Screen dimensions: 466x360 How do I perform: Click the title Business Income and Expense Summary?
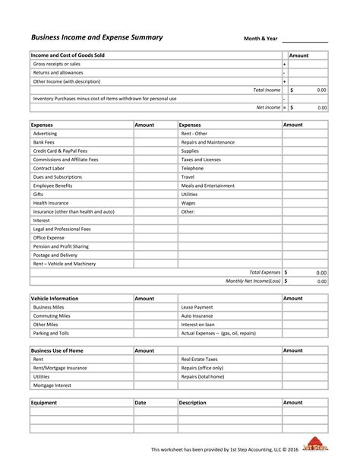96,36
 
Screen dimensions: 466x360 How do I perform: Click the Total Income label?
267,90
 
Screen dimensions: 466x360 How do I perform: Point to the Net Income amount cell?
308,108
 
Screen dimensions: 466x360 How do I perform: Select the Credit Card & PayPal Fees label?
60,151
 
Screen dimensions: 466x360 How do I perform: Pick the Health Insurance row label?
52,203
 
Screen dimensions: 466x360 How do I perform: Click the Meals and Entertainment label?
207,185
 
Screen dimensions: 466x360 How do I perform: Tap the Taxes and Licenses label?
201,160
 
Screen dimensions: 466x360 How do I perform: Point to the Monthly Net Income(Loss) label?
253,281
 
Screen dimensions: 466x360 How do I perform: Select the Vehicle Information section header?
55,299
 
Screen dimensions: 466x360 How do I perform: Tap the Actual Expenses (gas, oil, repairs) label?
218,333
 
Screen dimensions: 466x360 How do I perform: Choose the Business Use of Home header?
57,350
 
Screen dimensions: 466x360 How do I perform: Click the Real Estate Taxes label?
200,359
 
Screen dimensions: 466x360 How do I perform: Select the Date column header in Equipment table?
141,402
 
